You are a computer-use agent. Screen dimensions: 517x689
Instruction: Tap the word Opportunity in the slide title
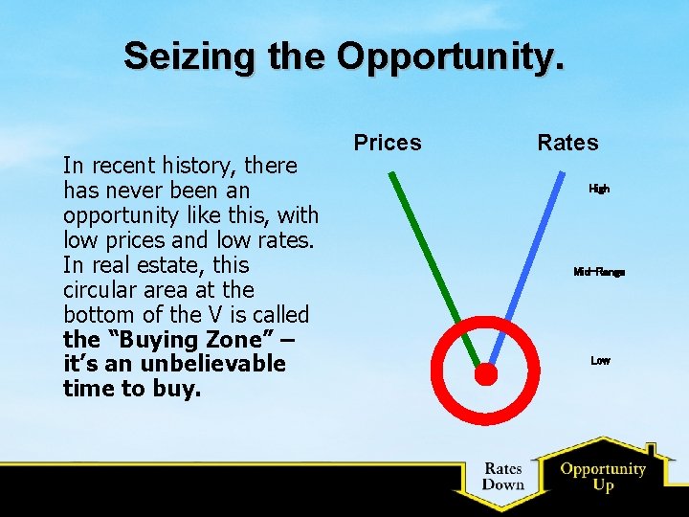pos(451,56)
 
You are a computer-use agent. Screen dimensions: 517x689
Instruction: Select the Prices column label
pos(388,143)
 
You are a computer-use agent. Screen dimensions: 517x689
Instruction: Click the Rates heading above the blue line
pos(567,143)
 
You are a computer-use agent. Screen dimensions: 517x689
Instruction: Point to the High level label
pos(599,189)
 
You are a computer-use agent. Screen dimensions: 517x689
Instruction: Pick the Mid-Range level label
pos(599,272)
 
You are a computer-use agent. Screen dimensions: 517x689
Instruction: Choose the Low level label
pos(600,361)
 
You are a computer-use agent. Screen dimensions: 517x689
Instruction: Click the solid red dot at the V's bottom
pos(486,373)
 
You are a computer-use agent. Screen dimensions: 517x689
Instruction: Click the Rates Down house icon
pos(502,476)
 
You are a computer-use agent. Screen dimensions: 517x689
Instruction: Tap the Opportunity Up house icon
pos(603,475)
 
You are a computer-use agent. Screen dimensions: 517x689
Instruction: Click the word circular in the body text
pos(101,289)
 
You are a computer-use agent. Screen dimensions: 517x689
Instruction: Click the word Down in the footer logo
pos(502,484)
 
